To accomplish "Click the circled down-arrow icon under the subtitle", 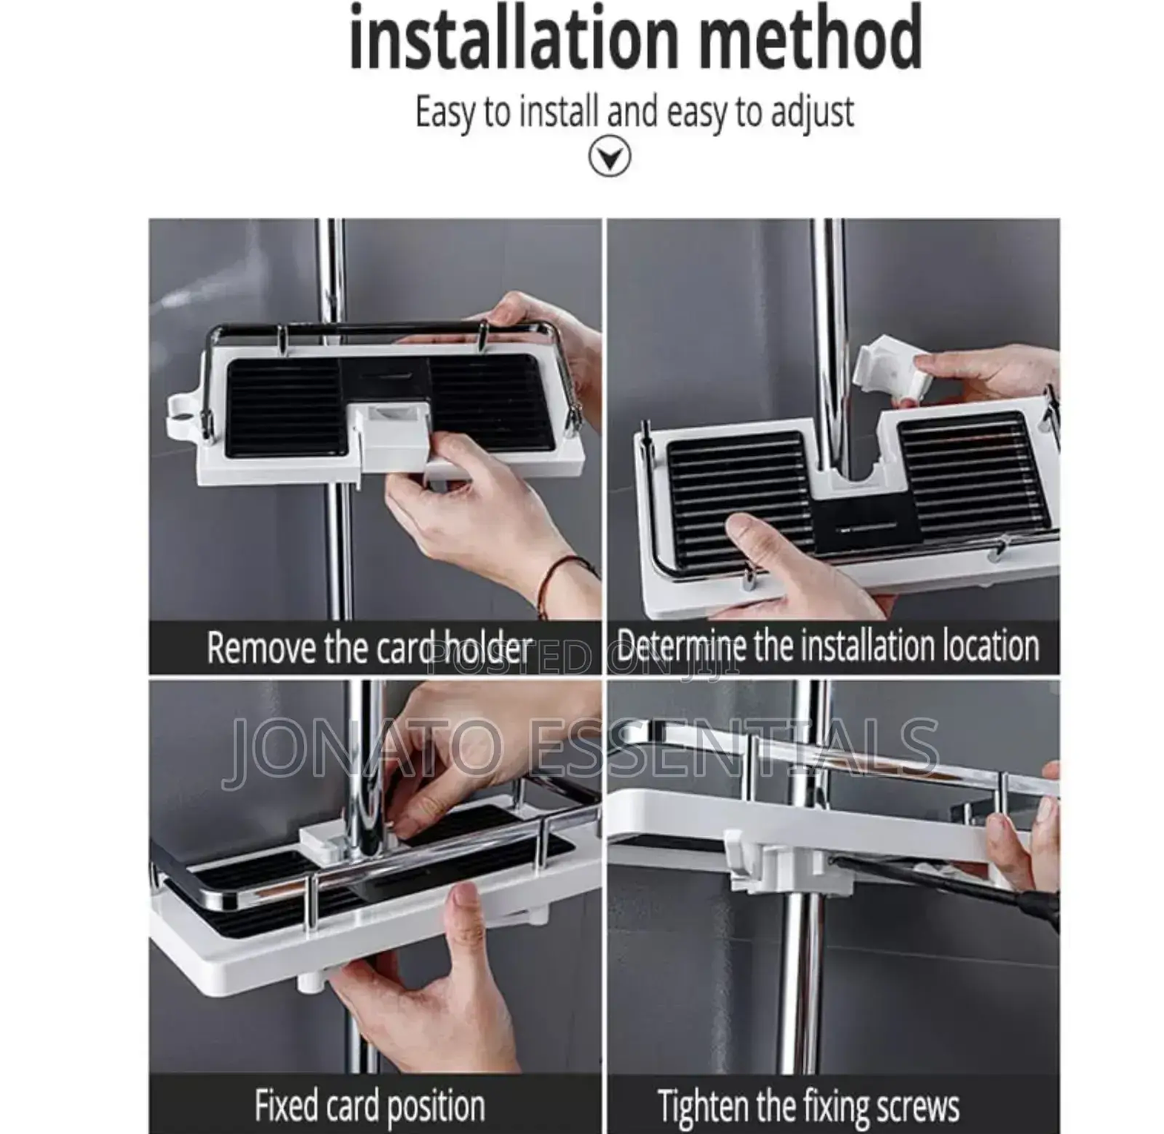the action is point(609,157).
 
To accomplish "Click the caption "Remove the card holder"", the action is point(369,648).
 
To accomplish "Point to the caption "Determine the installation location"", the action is point(827,646).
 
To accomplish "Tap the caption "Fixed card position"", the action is point(370,1105).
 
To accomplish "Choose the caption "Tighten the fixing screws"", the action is point(808,1107).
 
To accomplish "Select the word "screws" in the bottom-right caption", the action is point(918,1107).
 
